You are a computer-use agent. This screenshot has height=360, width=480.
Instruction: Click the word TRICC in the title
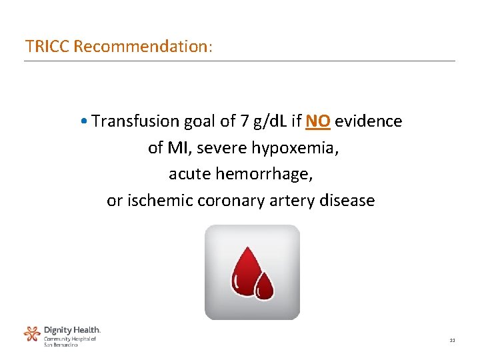click(48, 47)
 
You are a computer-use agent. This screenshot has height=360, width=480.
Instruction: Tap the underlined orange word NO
click(318, 121)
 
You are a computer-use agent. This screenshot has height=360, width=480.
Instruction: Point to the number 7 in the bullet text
click(245, 121)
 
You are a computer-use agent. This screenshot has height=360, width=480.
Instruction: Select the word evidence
click(369, 121)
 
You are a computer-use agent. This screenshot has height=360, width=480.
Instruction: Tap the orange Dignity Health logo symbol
click(32, 334)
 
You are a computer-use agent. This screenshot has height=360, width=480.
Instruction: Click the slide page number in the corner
click(451, 341)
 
